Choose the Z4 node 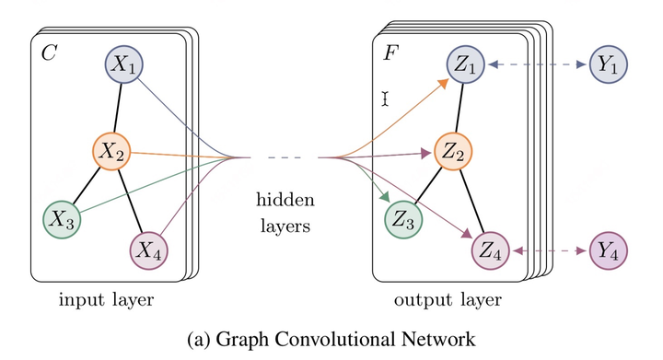[x=490, y=250]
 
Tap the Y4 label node [x=609, y=250]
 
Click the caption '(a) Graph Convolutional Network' [x=331, y=339]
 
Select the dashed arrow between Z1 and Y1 [x=538, y=65]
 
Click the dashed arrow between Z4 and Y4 [x=549, y=250]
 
